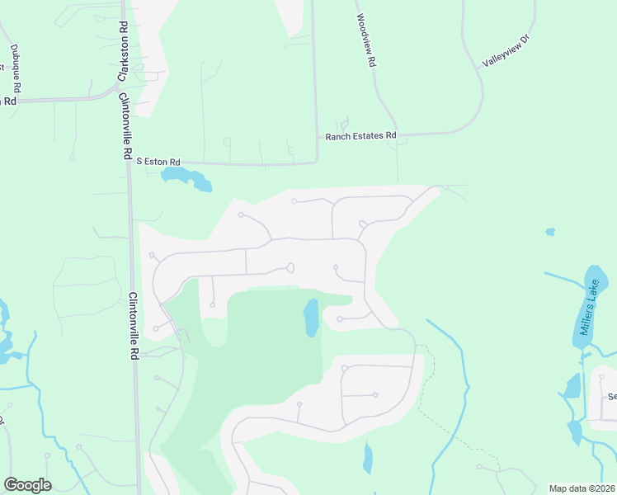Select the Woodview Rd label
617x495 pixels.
click(x=366, y=40)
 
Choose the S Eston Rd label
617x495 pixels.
click(x=158, y=162)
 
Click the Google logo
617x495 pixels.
click(x=27, y=485)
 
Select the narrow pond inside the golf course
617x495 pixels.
click(x=311, y=318)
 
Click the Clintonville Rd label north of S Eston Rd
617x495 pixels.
click(x=125, y=125)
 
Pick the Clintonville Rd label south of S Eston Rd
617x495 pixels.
click(x=133, y=326)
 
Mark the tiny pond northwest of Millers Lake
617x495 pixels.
click(x=550, y=232)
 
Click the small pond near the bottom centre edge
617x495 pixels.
click(x=367, y=458)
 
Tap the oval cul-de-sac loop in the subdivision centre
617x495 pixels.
click(x=290, y=267)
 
